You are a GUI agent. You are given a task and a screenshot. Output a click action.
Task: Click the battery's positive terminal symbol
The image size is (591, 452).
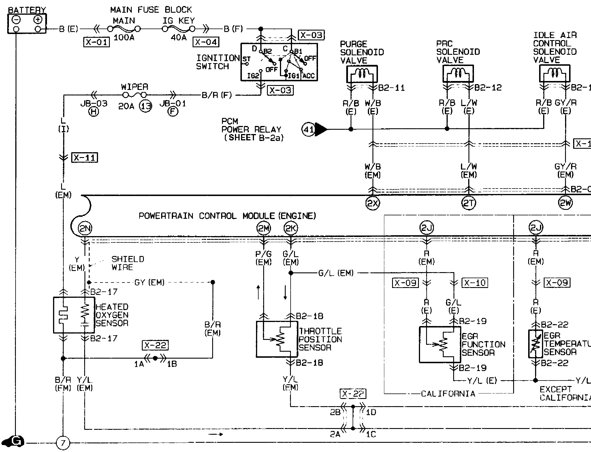38,20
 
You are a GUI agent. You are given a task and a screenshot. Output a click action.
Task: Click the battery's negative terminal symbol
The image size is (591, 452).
16,20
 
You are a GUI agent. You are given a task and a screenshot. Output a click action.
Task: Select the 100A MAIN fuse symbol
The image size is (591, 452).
124,29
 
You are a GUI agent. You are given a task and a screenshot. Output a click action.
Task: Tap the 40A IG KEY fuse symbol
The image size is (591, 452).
178,29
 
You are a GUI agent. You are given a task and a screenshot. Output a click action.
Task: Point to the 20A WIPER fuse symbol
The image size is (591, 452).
134,95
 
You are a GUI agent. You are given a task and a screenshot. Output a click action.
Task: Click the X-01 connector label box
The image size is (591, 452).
97,42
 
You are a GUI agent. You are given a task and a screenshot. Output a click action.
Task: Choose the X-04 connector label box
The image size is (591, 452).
206,42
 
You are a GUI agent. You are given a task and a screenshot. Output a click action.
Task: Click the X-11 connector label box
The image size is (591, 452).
84,158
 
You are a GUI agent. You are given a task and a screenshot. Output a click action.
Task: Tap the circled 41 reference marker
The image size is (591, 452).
308,129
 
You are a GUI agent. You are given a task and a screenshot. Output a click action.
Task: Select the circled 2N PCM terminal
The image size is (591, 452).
85,229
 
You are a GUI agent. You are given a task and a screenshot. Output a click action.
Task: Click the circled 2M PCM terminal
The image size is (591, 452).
263,229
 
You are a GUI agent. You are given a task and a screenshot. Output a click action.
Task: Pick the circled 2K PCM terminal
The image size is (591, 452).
291,229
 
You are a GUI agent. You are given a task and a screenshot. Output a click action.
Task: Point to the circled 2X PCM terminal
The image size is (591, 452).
373,204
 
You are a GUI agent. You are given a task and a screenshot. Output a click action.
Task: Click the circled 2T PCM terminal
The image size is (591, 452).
469,204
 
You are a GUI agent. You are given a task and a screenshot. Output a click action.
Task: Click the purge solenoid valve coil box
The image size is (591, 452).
362,74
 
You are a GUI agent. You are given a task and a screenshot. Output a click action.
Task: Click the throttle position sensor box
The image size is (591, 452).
277,339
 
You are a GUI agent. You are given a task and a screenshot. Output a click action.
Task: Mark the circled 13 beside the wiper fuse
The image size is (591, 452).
146,106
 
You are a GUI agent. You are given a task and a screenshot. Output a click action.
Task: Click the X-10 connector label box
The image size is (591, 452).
475,283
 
